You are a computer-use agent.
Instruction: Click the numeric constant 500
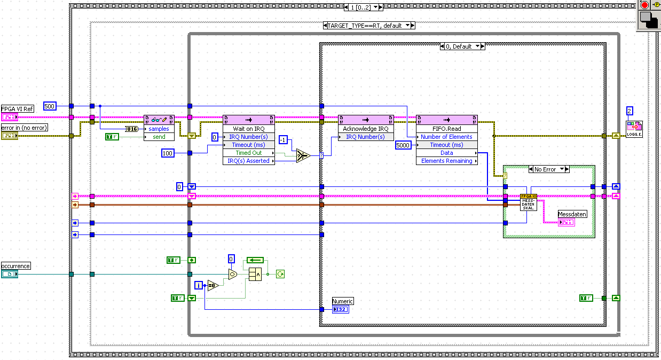(50, 106)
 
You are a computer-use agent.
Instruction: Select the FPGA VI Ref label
(17, 109)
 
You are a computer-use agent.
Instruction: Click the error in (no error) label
(24, 128)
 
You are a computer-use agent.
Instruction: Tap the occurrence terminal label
(15, 266)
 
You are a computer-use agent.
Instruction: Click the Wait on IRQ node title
(248, 129)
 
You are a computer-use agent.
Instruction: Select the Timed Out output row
(249, 153)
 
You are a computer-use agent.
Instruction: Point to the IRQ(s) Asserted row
(249, 161)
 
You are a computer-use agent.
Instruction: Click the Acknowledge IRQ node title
(366, 129)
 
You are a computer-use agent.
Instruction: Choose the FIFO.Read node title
(446, 129)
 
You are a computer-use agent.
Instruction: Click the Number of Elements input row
(446, 137)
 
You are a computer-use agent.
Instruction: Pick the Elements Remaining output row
(446, 161)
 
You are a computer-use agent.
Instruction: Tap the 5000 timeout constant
(403, 145)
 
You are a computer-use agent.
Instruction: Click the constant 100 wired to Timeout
(168, 153)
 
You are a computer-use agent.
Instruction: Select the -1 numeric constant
(284, 139)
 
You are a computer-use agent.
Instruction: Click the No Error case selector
(549, 169)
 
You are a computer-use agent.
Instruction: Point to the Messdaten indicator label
(572, 214)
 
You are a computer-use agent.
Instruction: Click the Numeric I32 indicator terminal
(340, 309)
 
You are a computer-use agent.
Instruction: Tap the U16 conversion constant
(132, 129)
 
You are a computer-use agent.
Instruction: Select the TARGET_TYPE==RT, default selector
(368, 25)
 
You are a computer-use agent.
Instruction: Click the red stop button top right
(644, 5)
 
